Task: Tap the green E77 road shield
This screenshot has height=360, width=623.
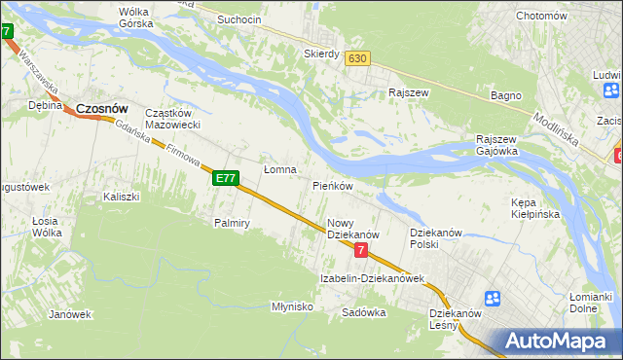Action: pos(226,178)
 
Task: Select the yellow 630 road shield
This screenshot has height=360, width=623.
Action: pos(357,59)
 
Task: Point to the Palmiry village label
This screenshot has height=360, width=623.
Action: pos(233,223)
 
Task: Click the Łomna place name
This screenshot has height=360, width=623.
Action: pos(279,169)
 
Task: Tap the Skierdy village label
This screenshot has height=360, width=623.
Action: pos(321,54)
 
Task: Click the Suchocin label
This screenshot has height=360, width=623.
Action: pos(239,19)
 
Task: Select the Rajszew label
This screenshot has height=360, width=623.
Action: pos(409,92)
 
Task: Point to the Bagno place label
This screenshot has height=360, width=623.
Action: pos(506,95)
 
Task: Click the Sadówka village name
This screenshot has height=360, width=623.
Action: pos(364,312)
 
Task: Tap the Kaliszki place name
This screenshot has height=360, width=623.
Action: pos(122,197)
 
